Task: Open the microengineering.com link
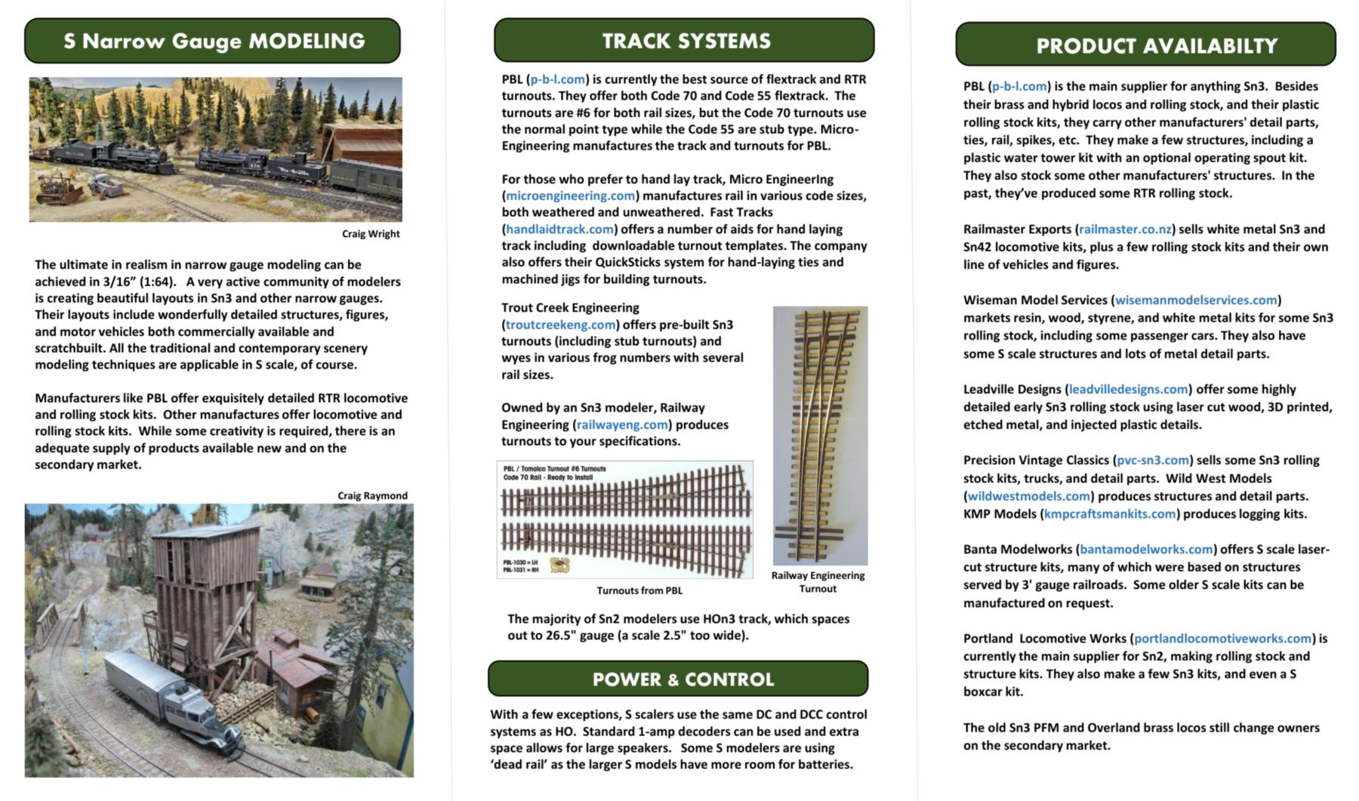pos(570,196)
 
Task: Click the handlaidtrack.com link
pos(559,229)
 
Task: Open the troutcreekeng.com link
pos(560,325)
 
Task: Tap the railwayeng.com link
pos(622,424)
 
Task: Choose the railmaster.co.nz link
pos(1125,229)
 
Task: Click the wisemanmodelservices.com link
pos(1196,300)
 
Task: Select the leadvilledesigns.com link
pos(1128,389)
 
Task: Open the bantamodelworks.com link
pos(1146,549)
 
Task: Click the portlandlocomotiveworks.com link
pos(1222,638)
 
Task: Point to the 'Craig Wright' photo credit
pos(371,233)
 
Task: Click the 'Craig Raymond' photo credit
pos(372,495)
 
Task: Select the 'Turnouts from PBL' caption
pos(639,590)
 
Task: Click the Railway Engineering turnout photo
pos(820,435)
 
